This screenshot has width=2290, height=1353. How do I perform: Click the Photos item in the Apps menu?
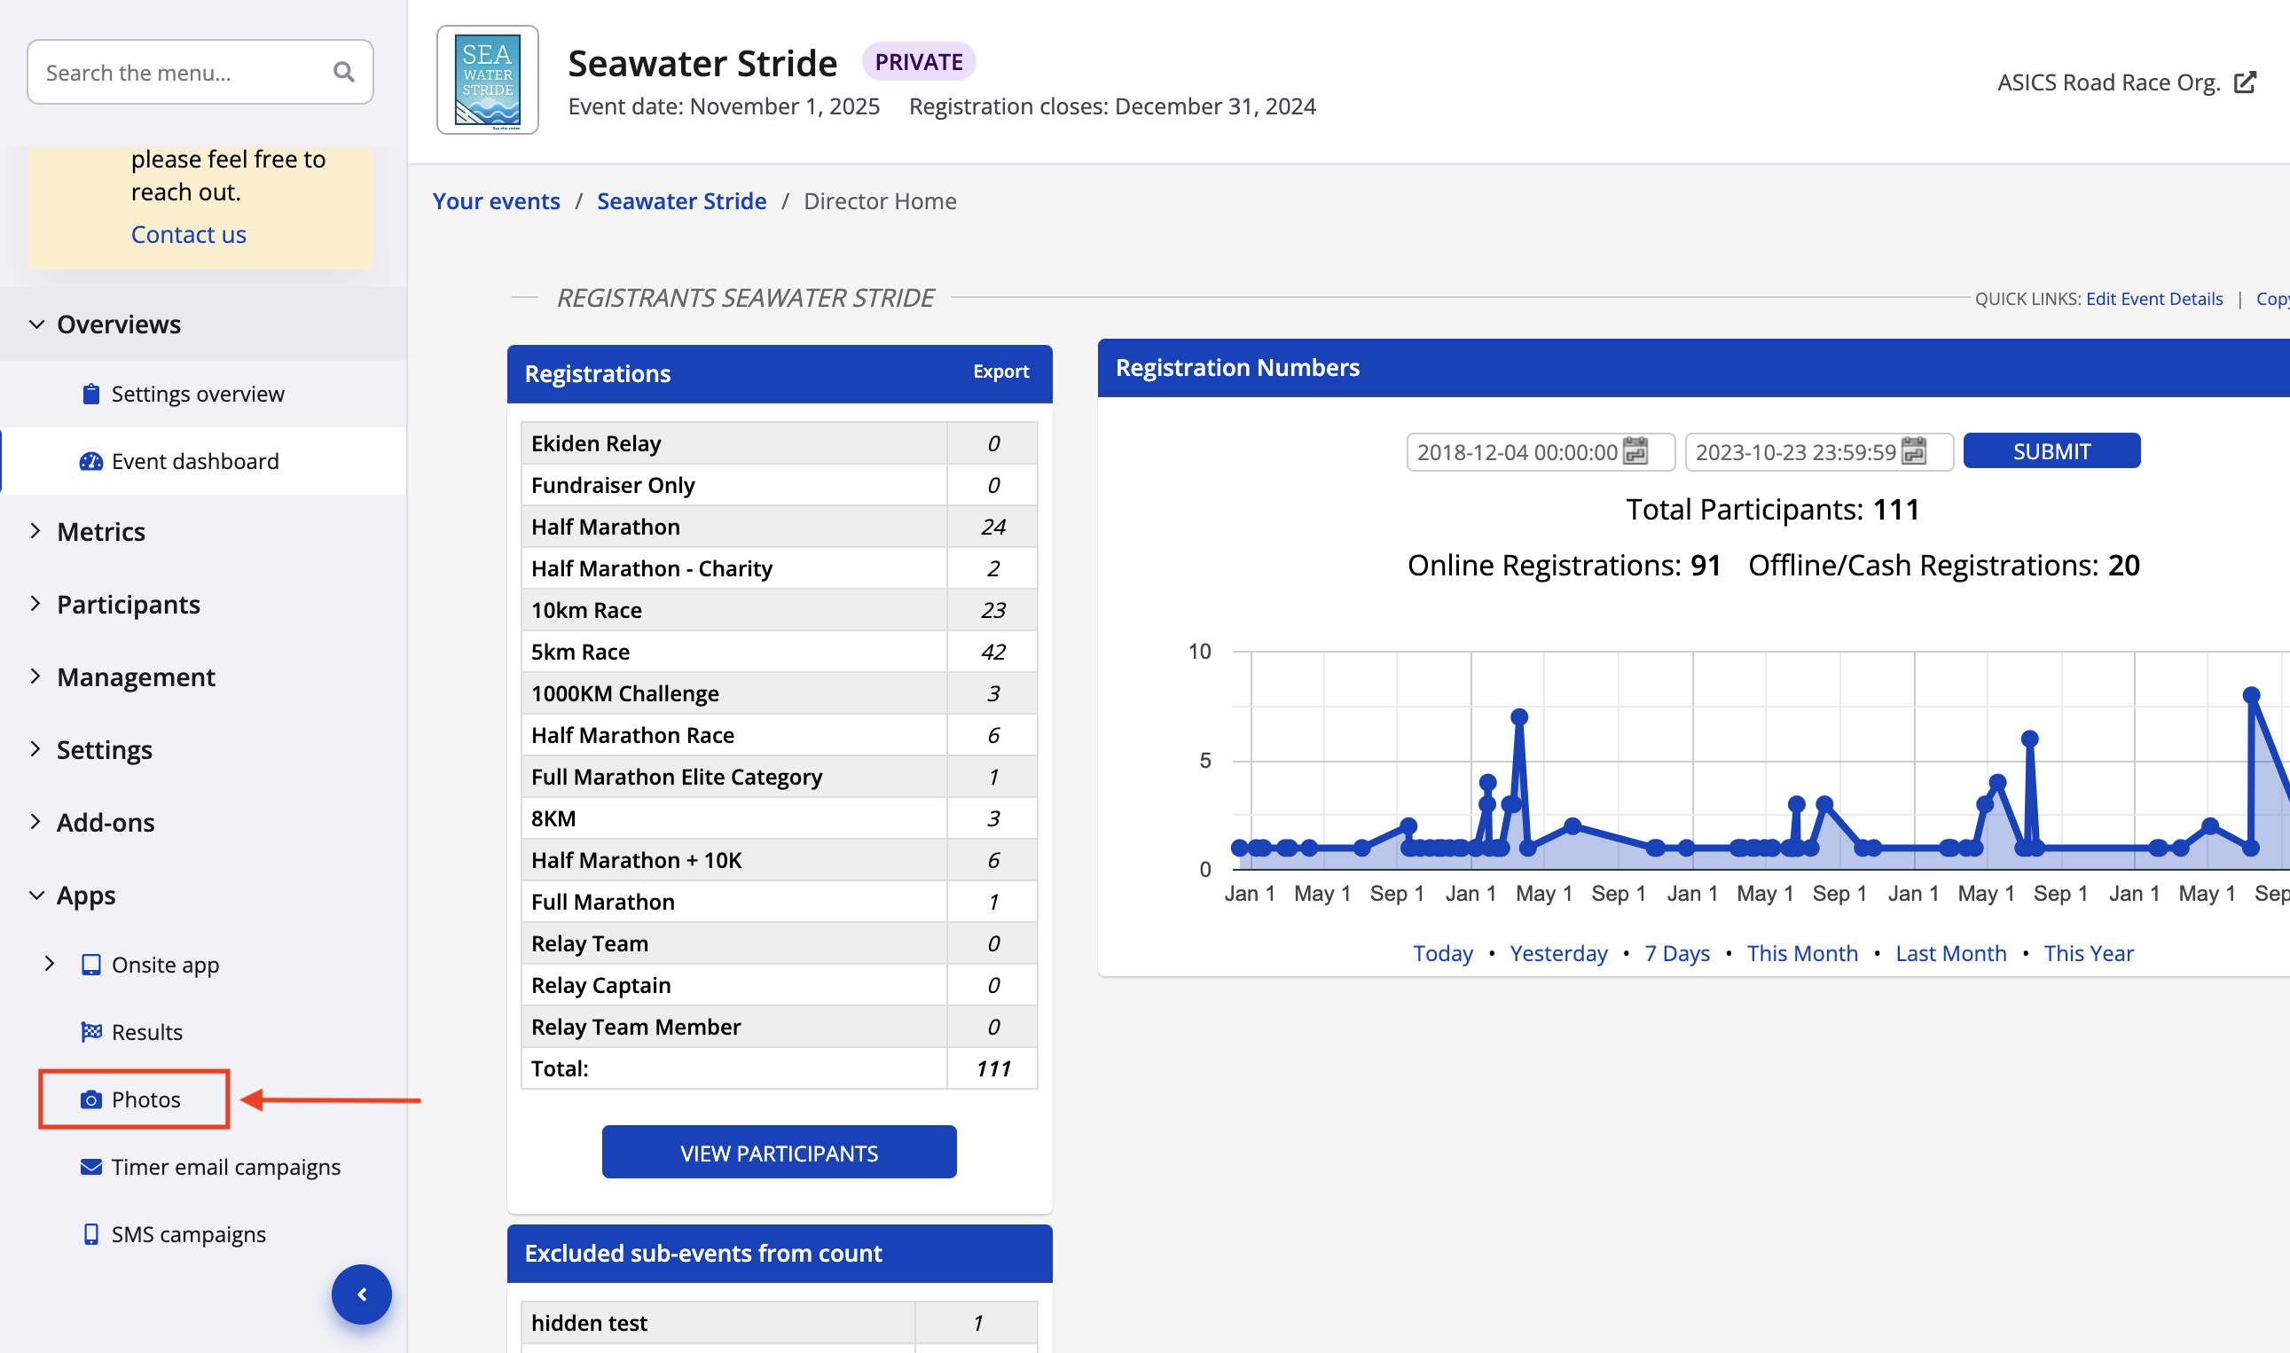click(145, 1099)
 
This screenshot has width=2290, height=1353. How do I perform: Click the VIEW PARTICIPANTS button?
click(779, 1153)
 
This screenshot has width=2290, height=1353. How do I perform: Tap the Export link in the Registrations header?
click(1000, 372)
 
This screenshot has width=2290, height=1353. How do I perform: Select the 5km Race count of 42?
click(992, 652)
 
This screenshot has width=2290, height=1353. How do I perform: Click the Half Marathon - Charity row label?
click(651, 569)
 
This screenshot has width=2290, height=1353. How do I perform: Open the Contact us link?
click(188, 234)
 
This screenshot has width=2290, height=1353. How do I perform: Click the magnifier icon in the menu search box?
click(344, 72)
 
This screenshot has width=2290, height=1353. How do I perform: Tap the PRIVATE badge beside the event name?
click(918, 62)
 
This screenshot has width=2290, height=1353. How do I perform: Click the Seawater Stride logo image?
click(488, 80)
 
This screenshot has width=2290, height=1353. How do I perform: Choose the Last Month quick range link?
click(1950, 954)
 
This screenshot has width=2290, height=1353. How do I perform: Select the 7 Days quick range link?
click(1677, 954)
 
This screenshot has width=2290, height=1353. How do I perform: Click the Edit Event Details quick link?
click(2154, 299)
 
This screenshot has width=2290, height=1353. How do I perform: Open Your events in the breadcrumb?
click(496, 201)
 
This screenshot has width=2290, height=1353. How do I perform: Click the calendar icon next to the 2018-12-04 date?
click(1636, 451)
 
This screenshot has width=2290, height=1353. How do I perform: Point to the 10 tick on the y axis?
click(1199, 652)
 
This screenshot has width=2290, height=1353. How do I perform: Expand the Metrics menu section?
click(100, 532)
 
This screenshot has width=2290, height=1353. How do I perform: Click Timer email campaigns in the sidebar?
click(225, 1167)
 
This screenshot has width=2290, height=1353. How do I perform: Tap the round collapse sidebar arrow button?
click(362, 1294)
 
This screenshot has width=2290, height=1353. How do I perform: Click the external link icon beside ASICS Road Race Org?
click(2246, 83)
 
